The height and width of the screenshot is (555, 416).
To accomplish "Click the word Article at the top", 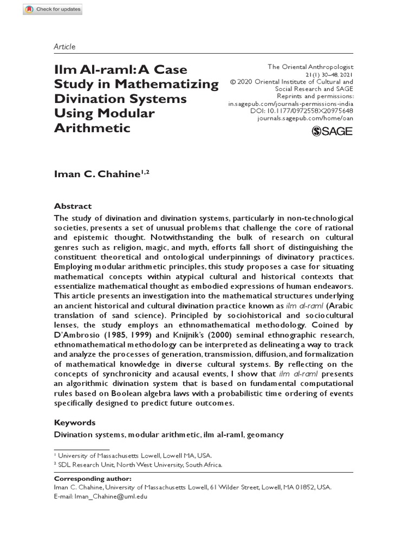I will (64, 47).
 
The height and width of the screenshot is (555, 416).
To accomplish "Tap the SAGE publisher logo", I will (332, 131).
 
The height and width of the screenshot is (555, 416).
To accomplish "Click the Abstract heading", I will (73, 206).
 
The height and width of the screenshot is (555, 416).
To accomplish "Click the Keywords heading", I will (75, 422).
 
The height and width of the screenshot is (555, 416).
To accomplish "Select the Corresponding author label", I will (93, 479).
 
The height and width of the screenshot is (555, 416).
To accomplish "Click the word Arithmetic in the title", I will (92, 128).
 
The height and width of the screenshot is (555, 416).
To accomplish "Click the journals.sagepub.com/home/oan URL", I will (304, 118).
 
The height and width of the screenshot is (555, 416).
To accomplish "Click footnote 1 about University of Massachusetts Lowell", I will (135, 456).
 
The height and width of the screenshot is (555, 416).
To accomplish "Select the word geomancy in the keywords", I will (265, 435).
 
